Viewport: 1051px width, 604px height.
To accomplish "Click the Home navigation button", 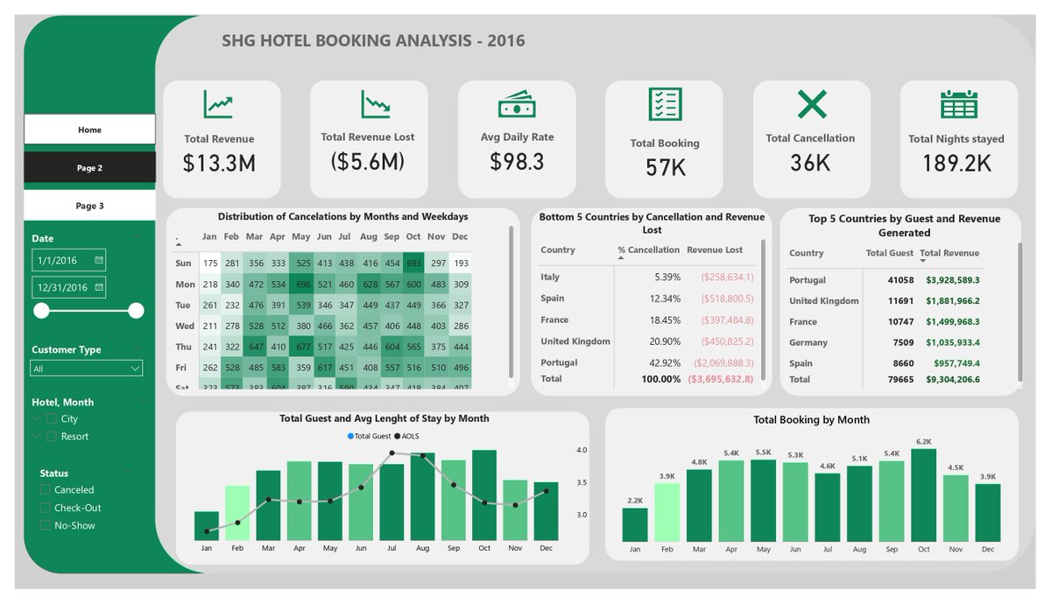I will [x=89, y=130].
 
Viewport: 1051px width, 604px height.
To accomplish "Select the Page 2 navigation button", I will [x=89, y=168].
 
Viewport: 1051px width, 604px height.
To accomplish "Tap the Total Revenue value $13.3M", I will [x=219, y=163].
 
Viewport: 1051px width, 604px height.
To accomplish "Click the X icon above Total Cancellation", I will [x=811, y=105].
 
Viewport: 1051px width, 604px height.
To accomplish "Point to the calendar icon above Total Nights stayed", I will [x=958, y=105].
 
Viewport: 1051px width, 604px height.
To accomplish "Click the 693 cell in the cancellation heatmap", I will [x=413, y=263].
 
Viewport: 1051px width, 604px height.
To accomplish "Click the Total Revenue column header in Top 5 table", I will [x=949, y=254].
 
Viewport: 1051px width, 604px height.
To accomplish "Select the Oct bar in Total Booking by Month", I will [x=923, y=495].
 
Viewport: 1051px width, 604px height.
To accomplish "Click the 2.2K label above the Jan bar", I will [x=635, y=501].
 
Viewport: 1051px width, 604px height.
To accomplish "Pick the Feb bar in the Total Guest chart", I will [x=237, y=513].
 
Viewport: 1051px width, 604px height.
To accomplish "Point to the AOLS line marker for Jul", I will [x=391, y=453].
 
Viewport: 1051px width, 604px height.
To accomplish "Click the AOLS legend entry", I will [x=412, y=435].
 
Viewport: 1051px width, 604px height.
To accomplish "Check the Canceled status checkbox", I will [x=46, y=490].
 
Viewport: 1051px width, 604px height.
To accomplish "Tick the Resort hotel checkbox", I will [x=52, y=437].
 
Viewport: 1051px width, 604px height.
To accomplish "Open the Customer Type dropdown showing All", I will [x=86, y=369].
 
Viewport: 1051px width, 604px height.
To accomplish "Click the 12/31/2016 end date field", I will [x=68, y=288].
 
